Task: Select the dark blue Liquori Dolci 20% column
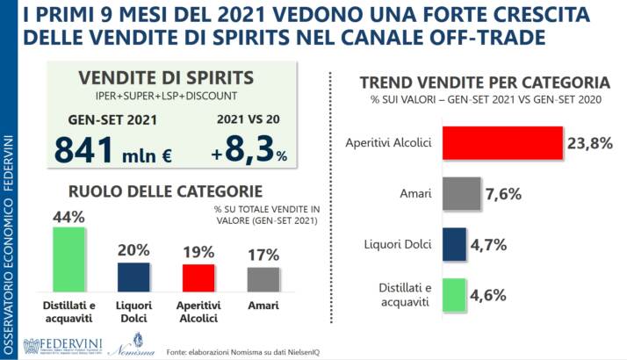(x=133, y=277)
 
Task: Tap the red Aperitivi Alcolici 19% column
(x=198, y=277)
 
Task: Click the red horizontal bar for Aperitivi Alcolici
(x=501, y=142)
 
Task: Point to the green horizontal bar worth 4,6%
(x=452, y=296)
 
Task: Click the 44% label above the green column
(x=68, y=216)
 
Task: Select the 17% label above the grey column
(x=263, y=255)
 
